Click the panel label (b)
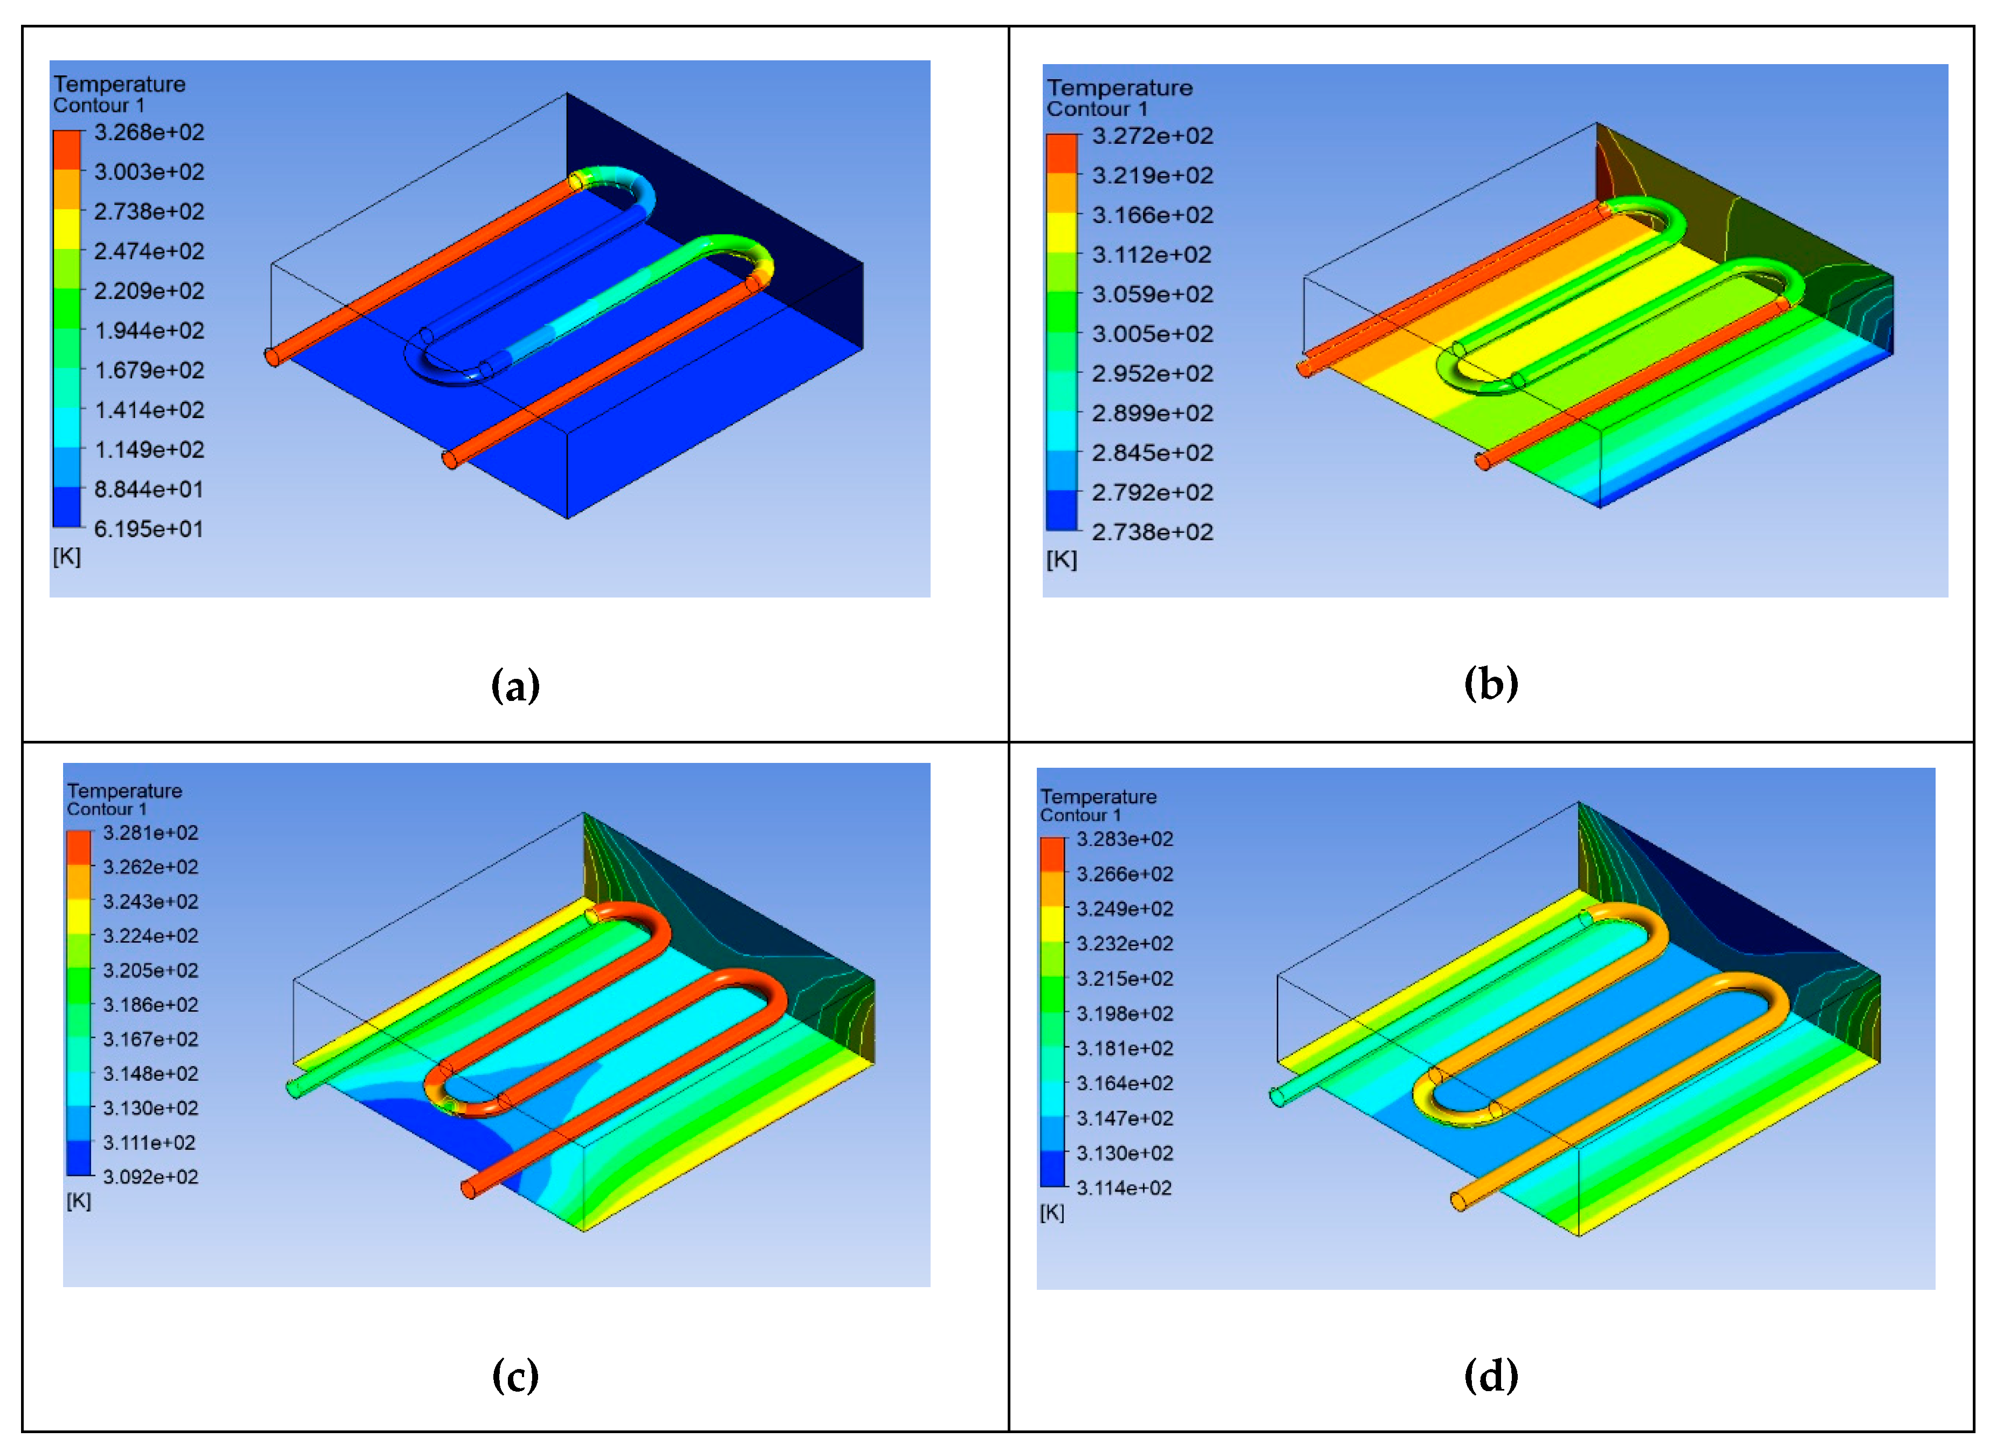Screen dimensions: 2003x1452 (x=1491, y=683)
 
